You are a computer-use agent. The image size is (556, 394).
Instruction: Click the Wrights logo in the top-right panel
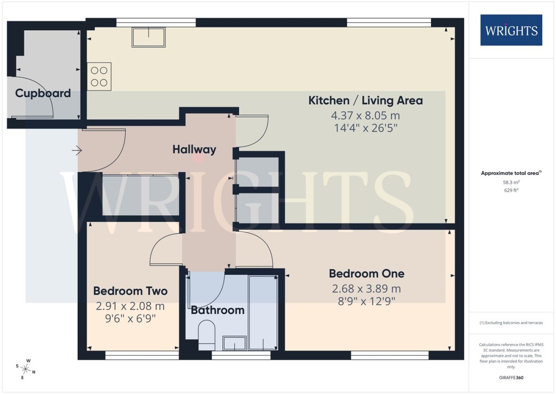coord(511,30)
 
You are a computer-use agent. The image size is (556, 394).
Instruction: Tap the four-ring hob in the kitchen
coord(99,76)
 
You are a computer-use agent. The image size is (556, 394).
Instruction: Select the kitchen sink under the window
coord(149,37)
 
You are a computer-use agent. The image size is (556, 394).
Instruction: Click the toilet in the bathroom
coord(207,335)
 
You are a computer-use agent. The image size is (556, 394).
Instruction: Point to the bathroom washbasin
coord(235,343)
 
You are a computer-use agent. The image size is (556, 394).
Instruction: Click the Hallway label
coord(194,149)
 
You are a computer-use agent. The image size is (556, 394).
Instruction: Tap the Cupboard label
coord(43,93)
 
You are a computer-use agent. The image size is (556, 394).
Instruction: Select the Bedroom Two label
coord(130,291)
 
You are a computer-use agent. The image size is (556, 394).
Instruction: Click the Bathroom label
coord(218,310)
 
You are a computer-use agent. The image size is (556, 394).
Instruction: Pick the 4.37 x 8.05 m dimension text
coord(365,116)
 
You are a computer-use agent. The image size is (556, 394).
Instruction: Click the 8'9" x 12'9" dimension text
coord(366,302)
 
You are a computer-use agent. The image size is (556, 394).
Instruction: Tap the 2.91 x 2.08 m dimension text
coord(130,306)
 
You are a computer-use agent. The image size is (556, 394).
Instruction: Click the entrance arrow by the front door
coord(77,150)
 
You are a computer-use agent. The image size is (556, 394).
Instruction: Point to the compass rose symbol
coord(25,369)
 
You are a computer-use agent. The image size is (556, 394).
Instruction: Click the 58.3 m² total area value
coord(512,182)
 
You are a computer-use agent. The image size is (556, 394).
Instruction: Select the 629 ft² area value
coord(512,190)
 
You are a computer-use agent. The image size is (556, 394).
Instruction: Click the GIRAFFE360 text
coord(511,378)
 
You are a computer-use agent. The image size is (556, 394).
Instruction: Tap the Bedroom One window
coord(390,355)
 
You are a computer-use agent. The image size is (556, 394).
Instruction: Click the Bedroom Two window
coord(142,355)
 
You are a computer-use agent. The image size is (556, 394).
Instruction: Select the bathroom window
coord(241,355)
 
